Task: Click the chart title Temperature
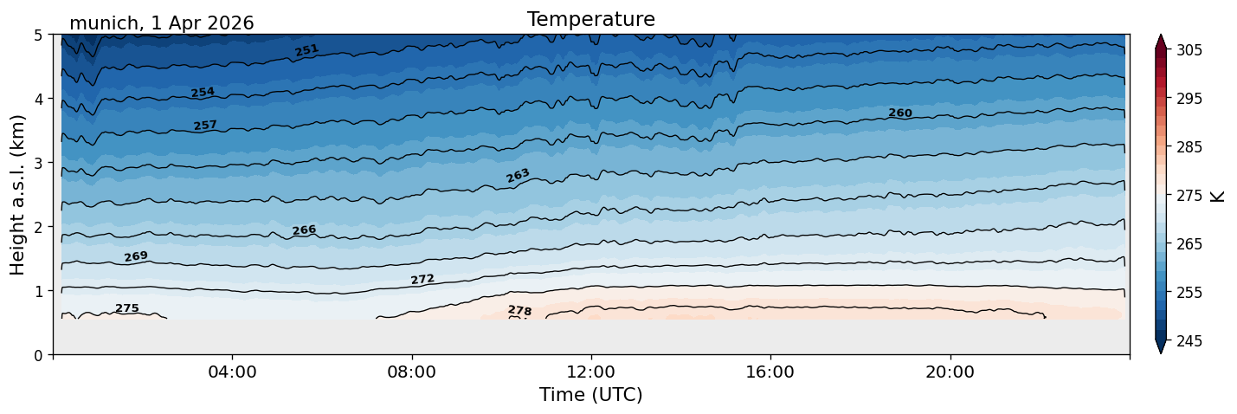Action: click(591, 19)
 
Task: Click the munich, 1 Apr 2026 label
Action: click(161, 23)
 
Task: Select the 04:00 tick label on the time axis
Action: click(233, 372)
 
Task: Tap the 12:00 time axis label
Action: click(591, 372)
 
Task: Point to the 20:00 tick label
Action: click(950, 372)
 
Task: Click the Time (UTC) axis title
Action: click(591, 395)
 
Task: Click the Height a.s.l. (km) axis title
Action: click(17, 195)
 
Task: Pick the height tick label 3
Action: click(38, 163)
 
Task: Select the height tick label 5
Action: click(38, 36)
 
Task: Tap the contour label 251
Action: click(306, 50)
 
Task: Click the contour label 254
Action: click(203, 93)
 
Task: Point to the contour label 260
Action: click(900, 113)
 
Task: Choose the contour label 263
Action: click(518, 176)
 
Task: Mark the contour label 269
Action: click(136, 256)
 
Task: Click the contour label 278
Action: click(519, 311)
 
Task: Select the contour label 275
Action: click(127, 307)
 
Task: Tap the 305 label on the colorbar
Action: click(1189, 50)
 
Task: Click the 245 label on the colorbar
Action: click(1189, 341)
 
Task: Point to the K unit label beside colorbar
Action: click(1217, 197)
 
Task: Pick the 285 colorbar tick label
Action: click(1189, 147)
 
